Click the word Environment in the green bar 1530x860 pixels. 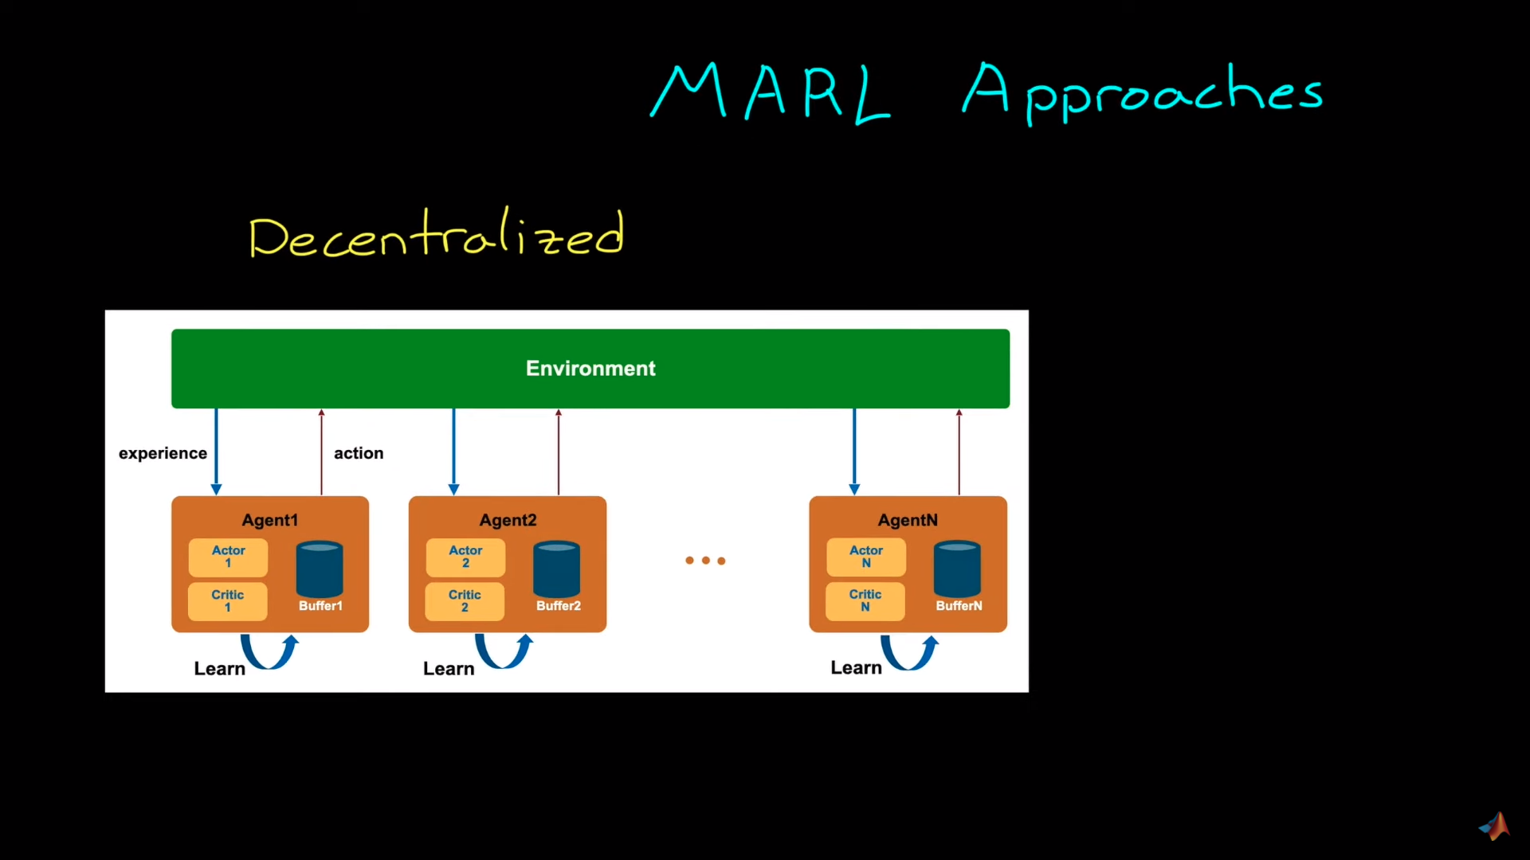tap(590, 369)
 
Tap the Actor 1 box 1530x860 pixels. tap(228, 557)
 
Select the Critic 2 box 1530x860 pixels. tap(465, 601)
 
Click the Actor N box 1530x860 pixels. tap(866, 557)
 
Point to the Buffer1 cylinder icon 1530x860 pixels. tap(320, 569)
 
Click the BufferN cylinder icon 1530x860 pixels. tap(957, 569)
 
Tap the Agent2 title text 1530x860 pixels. tap(508, 520)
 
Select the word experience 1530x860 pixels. tap(163, 453)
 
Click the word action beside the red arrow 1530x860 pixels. tap(359, 453)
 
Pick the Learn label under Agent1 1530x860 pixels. tap(219, 669)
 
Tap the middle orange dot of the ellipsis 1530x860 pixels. tap(705, 561)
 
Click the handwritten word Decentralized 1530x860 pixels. tap(436, 235)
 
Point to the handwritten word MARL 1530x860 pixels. tap(770, 92)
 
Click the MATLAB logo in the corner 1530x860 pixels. tap(1495, 827)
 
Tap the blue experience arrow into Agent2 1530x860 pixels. tap(453, 451)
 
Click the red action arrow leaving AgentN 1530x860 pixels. tap(959, 451)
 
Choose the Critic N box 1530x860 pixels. tap(865, 601)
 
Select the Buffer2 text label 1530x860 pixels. tap(558, 606)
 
